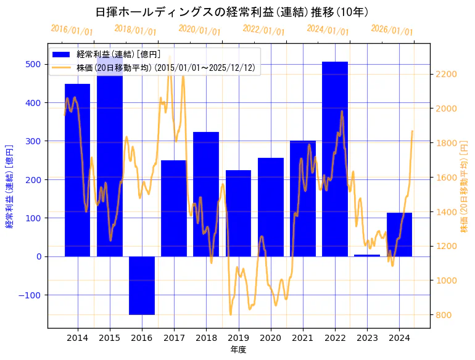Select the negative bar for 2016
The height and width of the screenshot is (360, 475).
click(142, 285)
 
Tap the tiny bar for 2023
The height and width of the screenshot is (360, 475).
click(367, 255)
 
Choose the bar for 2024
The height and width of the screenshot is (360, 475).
click(399, 234)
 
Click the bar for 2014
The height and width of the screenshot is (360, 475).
click(77, 170)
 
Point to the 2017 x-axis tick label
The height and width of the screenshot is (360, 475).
click(174, 338)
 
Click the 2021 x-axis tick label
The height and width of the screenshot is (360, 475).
click(303, 338)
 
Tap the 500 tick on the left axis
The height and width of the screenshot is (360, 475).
click(33, 64)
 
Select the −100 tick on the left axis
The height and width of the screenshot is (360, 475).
click(30, 295)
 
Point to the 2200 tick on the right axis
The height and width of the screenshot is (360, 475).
click(446, 75)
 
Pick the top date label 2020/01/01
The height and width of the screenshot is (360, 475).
click(199, 31)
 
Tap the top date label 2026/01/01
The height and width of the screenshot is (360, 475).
click(392, 31)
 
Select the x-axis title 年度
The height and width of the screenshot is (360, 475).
click(238, 350)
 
